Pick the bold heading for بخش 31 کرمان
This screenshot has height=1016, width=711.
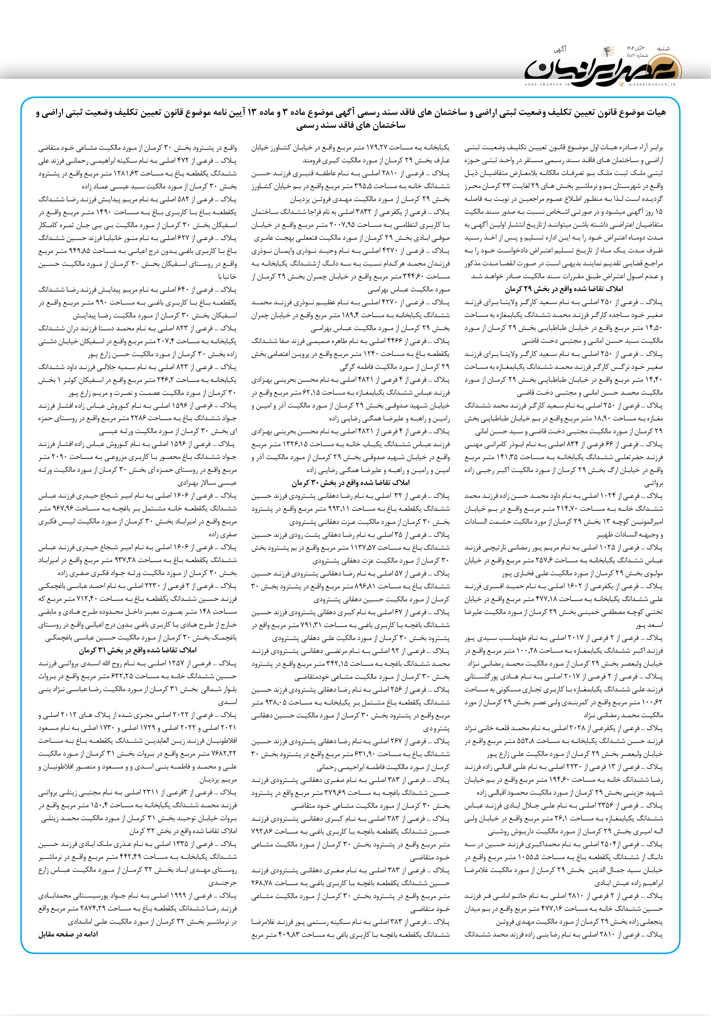click(138, 650)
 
